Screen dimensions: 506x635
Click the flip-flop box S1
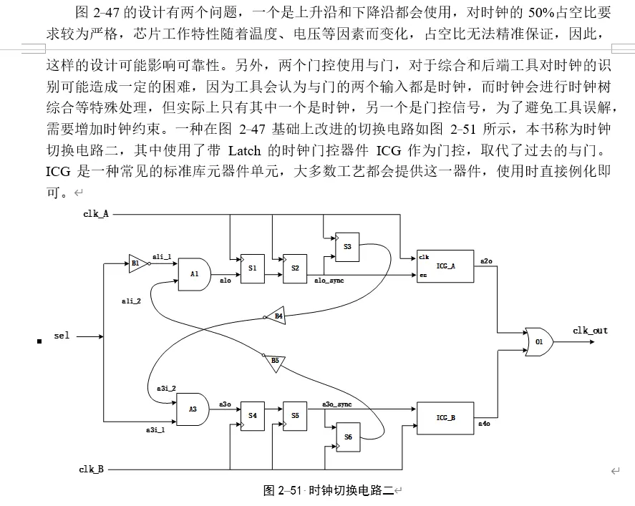(x=252, y=268)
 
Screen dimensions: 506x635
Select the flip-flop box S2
(x=295, y=268)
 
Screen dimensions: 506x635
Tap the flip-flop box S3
(x=347, y=246)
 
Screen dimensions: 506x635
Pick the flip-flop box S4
(x=252, y=415)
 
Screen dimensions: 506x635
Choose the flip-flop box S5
(x=295, y=415)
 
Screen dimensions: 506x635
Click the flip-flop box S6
(x=347, y=437)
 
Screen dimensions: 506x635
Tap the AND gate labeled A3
(x=193, y=409)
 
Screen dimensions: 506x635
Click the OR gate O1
(x=538, y=342)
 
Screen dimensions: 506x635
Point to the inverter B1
(x=136, y=263)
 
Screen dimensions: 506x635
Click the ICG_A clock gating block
(x=445, y=266)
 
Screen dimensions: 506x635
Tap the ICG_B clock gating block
(x=445, y=417)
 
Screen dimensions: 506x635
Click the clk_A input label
(x=96, y=214)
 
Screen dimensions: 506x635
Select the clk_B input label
(x=92, y=469)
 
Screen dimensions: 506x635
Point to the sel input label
(x=62, y=336)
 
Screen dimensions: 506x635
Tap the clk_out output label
(x=590, y=331)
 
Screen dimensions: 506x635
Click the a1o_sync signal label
(x=329, y=281)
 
